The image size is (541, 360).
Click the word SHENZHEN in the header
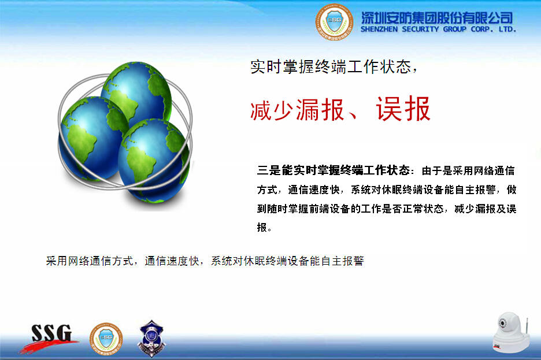click(379, 29)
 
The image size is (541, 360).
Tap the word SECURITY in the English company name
click(420, 29)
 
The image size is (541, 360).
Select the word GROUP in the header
click(455, 29)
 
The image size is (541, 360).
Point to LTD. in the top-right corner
click(507, 29)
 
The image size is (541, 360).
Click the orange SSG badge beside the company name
click(334, 22)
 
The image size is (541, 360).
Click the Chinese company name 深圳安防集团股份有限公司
click(437, 18)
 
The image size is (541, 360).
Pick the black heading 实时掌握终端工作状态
click(331, 66)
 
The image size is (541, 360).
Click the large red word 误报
click(403, 109)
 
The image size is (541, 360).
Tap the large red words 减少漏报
click(298, 110)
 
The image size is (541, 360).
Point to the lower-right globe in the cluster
click(154, 160)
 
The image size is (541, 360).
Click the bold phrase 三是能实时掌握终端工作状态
click(334, 170)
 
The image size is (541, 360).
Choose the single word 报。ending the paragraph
click(264, 228)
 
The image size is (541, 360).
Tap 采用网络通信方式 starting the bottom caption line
click(90, 261)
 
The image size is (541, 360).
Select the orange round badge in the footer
click(106, 339)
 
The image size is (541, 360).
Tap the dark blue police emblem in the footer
click(151, 338)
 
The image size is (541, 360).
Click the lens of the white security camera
click(502, 324)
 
